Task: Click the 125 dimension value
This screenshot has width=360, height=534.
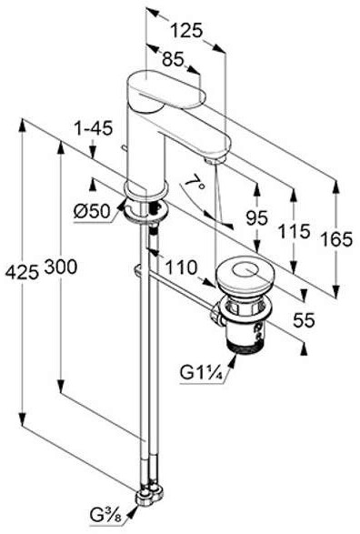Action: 186,30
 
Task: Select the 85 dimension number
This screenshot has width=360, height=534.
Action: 173,59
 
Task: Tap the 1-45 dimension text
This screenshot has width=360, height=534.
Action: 94,129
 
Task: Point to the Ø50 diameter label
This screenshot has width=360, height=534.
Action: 92,212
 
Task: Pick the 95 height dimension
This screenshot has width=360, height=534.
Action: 257,217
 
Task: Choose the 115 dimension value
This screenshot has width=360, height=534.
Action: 295,232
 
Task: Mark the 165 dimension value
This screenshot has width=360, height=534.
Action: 336,239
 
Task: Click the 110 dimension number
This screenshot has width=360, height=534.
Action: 181,267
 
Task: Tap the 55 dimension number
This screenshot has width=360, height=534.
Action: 304,320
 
